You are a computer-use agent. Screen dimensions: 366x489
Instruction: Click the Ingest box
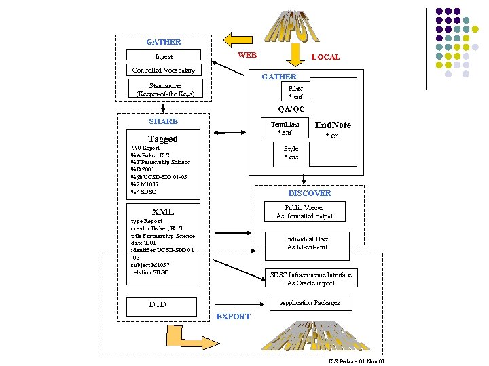pyautogui.click(x=164, y=56)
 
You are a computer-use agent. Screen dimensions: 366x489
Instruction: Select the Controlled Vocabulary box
pyautogui.click(x=164, y=70)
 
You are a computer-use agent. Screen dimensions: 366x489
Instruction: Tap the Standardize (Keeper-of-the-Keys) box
pyautogui.click(x=165, y=90)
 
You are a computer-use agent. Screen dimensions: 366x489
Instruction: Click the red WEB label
pyautogui.click(x=247, y=54)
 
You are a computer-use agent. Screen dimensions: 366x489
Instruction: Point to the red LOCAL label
pyautogui.click(x=325, y=57)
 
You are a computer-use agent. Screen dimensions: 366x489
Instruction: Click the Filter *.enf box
pyautogui.click(x=295, y=92)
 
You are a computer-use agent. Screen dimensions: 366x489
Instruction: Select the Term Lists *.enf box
pyautogui.click(x=285, y=129)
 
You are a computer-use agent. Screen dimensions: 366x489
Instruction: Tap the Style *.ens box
pyautogui.click(x=291, y=153)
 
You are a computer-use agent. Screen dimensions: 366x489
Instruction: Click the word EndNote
pyautogui.click(x=333, y=125)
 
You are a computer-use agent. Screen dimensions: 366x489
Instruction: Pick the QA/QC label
pyautogui.click(x=291, y=109)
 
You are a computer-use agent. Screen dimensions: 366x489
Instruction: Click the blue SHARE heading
pyautogui.click(x=163, y=121)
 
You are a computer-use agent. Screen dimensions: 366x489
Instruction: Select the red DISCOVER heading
pyautogui.click(x=310, y=193)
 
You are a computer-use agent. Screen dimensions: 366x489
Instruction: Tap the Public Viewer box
pyautogui.click(x=304, y=212)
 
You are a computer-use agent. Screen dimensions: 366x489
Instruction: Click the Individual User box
pyautogui.click(x=307, y=243)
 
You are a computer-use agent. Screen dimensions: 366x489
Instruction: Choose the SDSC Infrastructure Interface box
pyautogui.click(x=310, y=279)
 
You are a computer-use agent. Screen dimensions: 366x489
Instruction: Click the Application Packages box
pyautogui.click(x=310, y=302)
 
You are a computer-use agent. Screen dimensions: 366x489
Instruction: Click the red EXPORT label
pyautogui.click(x=233, y=317)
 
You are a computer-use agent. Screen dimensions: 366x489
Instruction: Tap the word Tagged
pyautogui.click(x=163, y=138)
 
